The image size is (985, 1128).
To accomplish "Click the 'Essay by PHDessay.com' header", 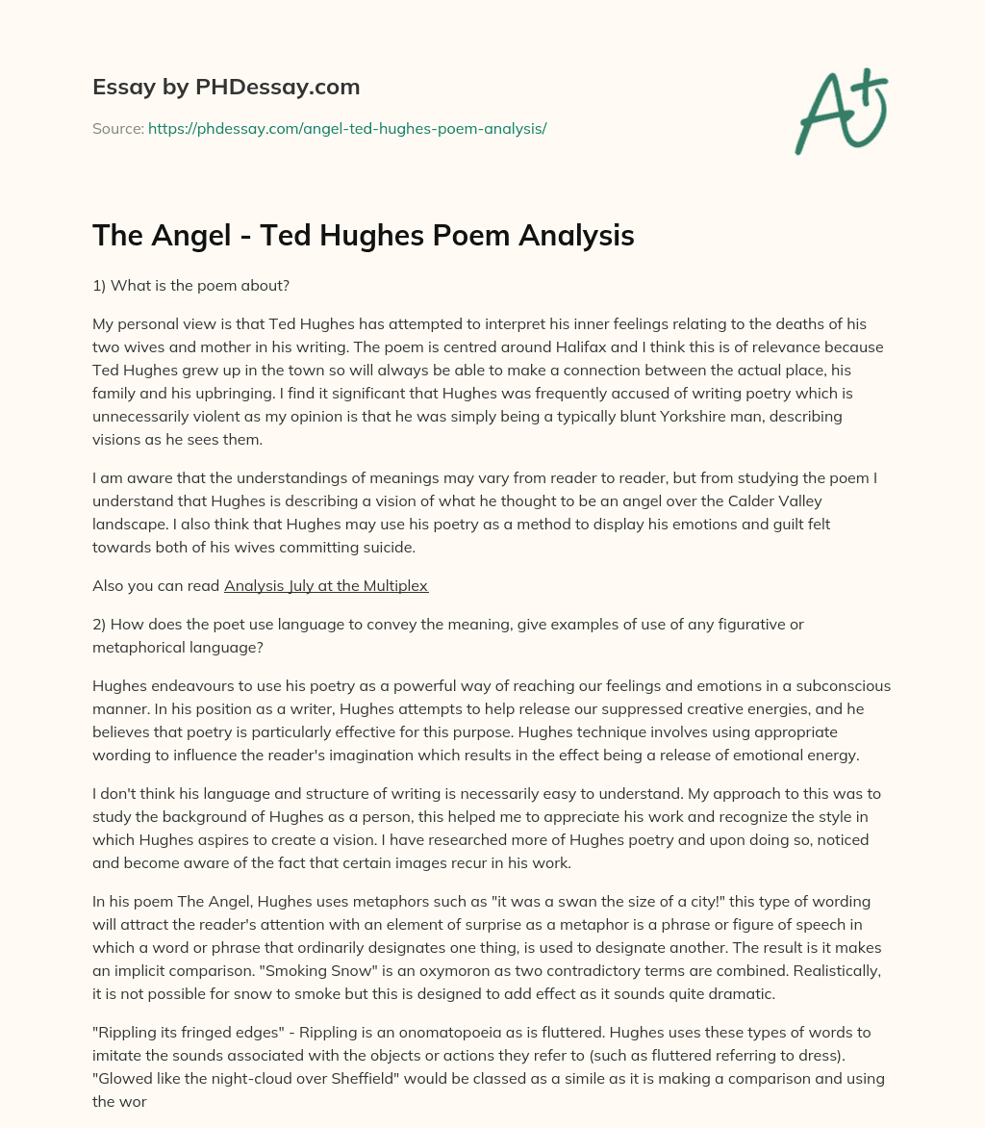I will [226, 88].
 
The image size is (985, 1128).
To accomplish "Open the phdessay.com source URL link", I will [347, 128].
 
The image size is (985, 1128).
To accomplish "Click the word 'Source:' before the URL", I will [118, 128].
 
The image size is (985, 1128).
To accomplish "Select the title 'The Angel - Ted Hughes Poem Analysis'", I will [364, 236].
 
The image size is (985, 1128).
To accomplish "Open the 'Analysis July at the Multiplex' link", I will [326, 585].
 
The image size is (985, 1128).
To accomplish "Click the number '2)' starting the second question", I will [101, 624].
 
